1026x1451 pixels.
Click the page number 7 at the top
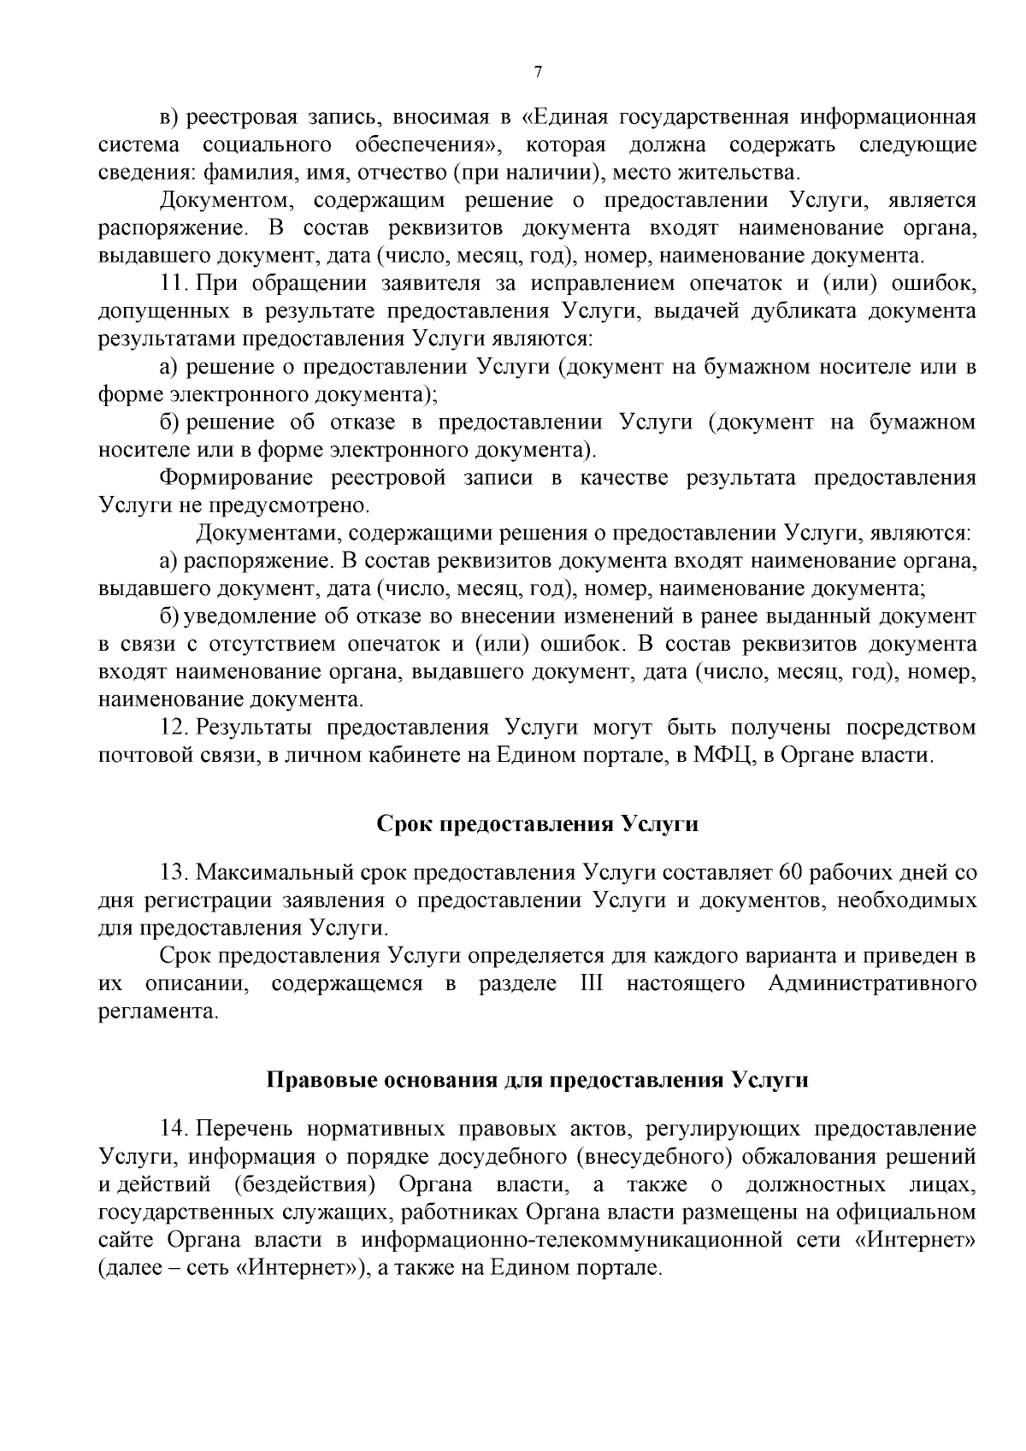(538, 73)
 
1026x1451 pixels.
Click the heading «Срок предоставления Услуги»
(538, 824)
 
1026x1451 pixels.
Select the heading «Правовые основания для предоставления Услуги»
(538, 1080)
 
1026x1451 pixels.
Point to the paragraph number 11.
(174, 283)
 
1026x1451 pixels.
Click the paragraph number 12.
(174, 728)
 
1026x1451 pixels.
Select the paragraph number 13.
(174, 873)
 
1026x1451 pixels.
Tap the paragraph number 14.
(174, 1129)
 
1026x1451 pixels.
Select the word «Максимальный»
(271, 873)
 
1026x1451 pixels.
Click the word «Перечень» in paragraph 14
(243, 1129)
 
